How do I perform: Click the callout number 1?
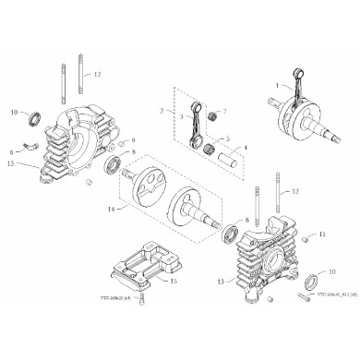coord(275,85)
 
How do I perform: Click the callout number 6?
coord(12,150)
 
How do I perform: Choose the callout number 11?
coord(323,236)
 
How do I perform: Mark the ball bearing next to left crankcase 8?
coord(115,164)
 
